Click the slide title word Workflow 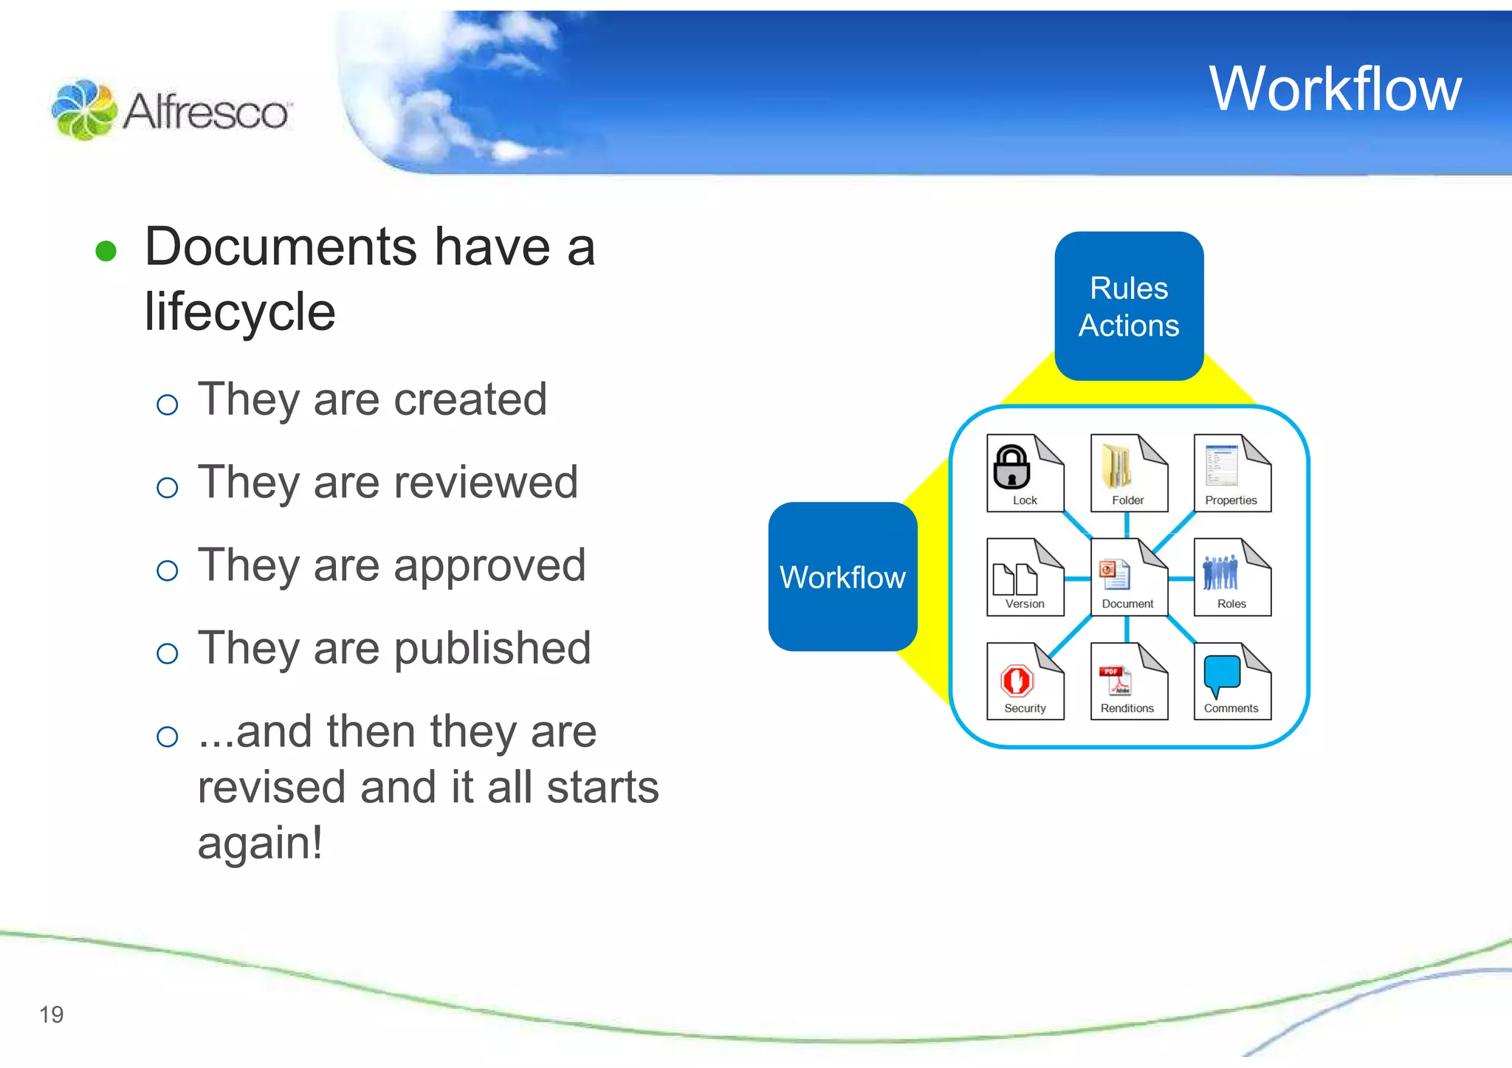(x=1335, y=89)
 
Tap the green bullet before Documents (x=106, y=251)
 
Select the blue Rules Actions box (x=1129, y=306)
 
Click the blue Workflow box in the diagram (x=842, y=577)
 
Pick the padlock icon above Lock (x=1011, y=466)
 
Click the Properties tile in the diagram (x=1231, y=472)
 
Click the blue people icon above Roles (x=1220, y=572)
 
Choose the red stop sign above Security (x=1017, y=680)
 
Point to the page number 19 (x=52, y=1015)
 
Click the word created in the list (x=470, y=399)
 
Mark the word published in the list (x=492, y=648)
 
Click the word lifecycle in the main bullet (x=240, y=311)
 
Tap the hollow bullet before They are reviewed (x=168, y=487)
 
